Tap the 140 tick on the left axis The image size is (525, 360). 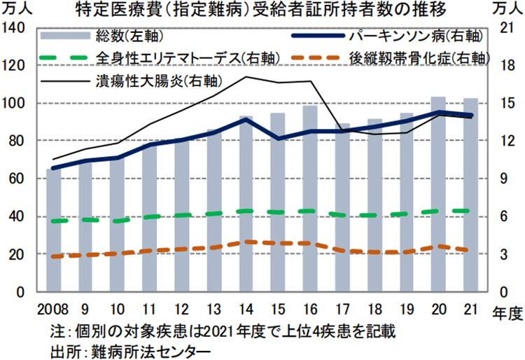pyautogui.click(x=15, y=28)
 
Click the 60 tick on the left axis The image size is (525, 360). pyautogui.click(x=19, y=179)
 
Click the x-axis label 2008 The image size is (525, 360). pyautogui.click(x=48, y=308)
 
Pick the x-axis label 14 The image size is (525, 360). pyautogui.click(x=246, y=308)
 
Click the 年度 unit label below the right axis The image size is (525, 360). pyautogui.click(x=503, y=310)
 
